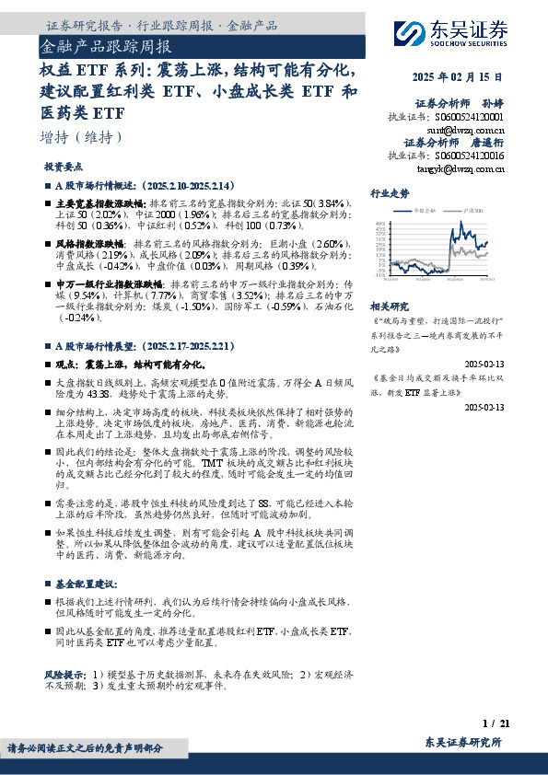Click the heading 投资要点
coord(64,168)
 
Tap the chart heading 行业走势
coord(389,195)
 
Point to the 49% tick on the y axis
coord(379,224)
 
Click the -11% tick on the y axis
coord(379,274)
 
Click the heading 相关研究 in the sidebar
coord(389,306)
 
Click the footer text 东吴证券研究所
coord(464,743)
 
